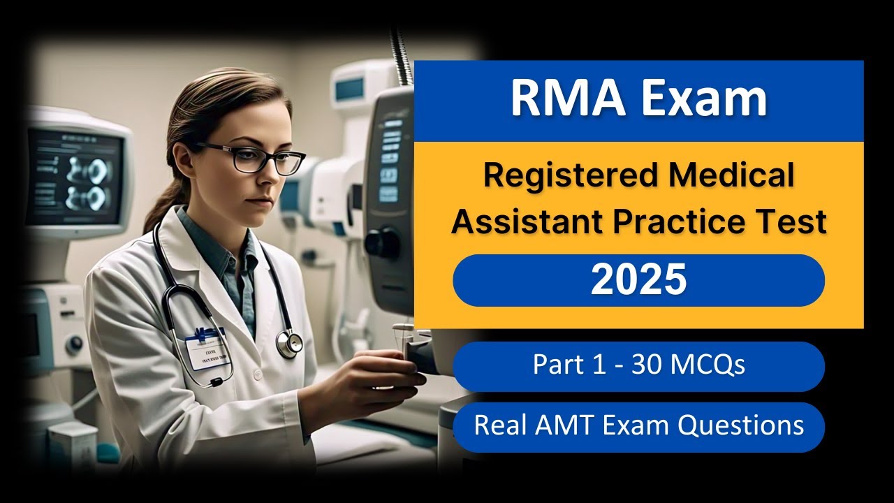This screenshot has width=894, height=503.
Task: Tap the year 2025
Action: coord(638,280)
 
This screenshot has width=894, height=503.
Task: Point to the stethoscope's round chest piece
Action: coord(289,342)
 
